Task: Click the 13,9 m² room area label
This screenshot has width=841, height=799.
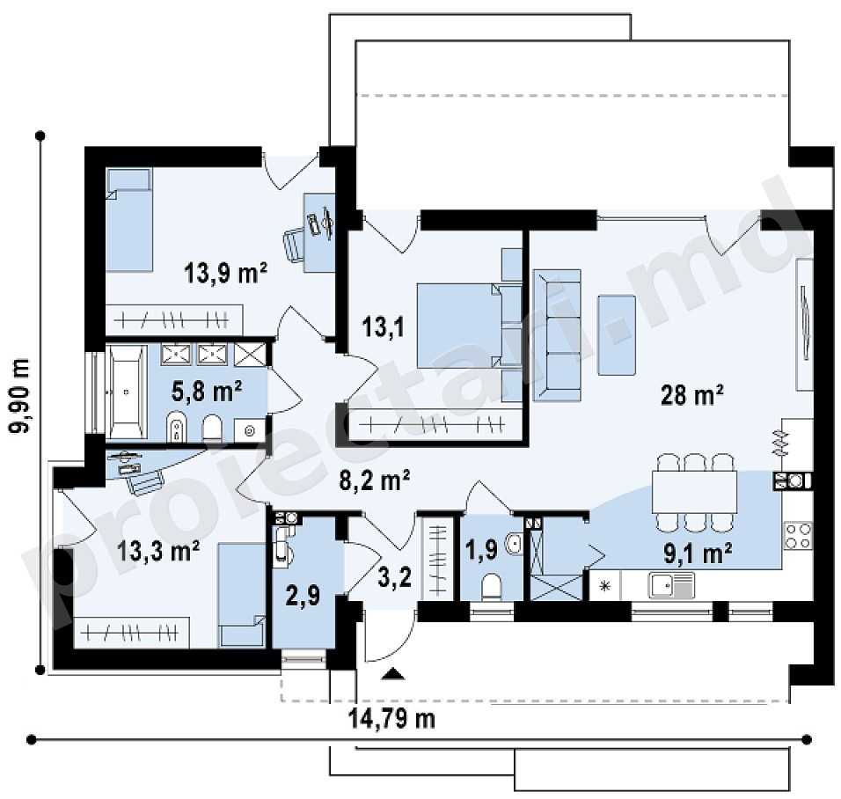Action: point(225,273)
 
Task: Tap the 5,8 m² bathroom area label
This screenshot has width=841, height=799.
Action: point(207,392)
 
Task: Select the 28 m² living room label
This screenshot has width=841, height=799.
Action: point(692,395)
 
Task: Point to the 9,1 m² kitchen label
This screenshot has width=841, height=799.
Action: point(698,553)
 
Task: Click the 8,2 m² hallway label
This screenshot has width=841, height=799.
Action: point(376,480)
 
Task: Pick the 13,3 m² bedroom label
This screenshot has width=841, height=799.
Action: point(158,550)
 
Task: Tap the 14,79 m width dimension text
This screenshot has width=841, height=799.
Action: point(391,719)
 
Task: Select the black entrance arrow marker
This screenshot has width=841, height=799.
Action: point(394,674)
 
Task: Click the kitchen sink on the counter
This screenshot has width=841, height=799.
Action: point(671,585)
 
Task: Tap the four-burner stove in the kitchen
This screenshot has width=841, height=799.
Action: point(798,536)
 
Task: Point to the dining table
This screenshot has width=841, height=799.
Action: point(694,492)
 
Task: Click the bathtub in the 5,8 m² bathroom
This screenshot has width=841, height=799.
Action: point(127,392)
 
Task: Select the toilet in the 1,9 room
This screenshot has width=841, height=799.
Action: point(491,587)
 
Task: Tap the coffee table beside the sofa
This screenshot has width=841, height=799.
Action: point(617,335)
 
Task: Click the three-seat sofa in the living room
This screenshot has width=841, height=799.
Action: point(557,335)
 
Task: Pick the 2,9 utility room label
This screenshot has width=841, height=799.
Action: point(303,595)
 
